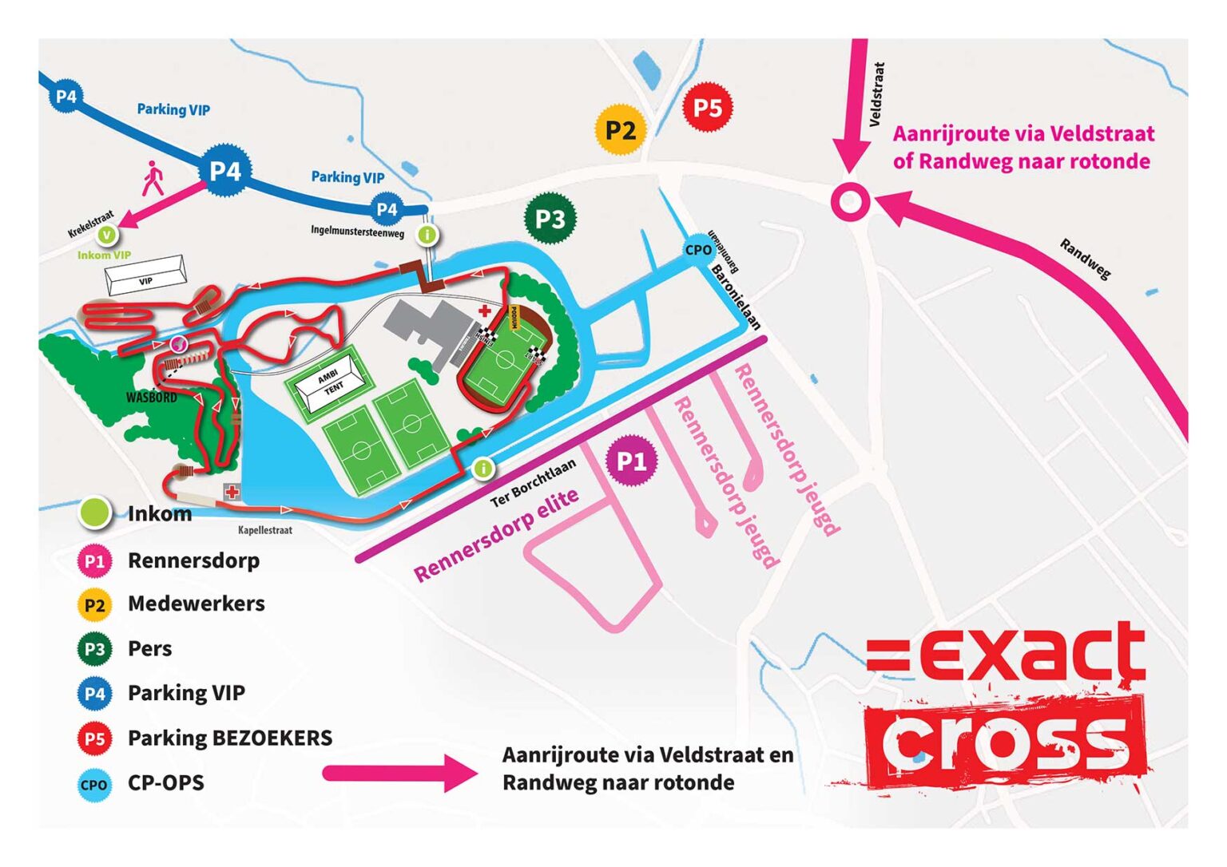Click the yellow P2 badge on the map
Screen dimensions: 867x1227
(620, 129)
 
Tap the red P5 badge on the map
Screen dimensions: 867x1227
(708, 107)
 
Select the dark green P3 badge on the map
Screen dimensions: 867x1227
(550, 218)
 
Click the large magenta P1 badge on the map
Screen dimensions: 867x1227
(631, 461)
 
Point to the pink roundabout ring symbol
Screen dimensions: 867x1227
(850, 201)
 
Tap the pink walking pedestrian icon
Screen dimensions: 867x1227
(152, 178)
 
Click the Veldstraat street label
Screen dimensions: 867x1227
(876, 94)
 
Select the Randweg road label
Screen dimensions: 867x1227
(1085, 259)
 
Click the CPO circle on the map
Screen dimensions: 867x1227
(698, 250)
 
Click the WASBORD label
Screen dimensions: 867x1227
(152, 397)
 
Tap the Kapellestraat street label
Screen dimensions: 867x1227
(265, 530)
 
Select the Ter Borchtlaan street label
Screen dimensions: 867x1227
(533, 483)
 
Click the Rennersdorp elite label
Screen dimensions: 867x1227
(496, 534)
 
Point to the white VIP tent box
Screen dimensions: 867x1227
(145, 276)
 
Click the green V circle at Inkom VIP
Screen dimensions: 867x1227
(106, 235)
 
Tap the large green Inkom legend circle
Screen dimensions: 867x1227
(95, 513)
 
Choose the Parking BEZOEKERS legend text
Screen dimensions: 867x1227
(230, 738)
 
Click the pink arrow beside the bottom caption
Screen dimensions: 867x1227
(399, 772)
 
